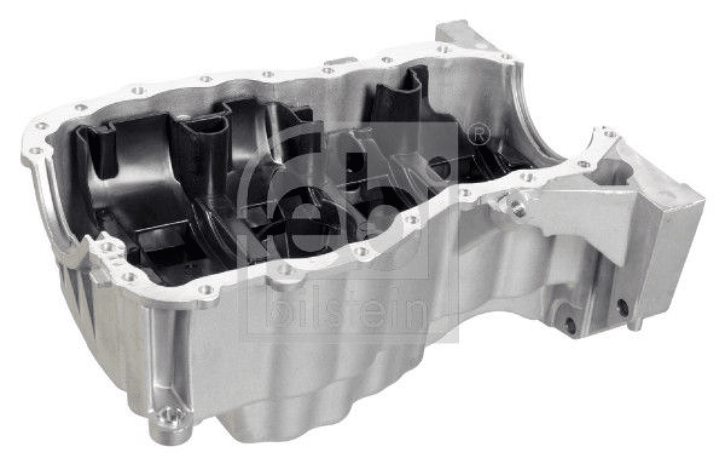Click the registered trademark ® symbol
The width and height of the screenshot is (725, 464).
[479, 134]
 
